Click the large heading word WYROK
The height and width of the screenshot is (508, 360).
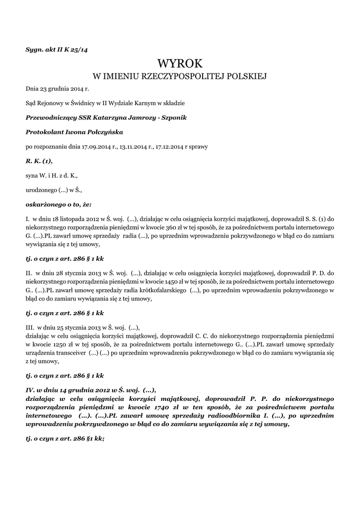[x=180, y=63]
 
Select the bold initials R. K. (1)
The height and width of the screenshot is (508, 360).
[x=39, y=161]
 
